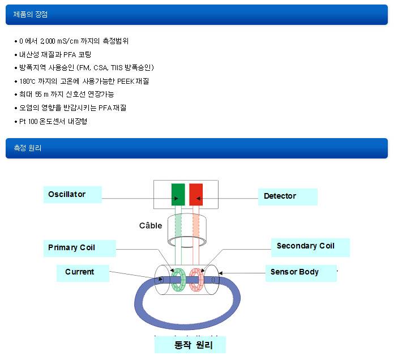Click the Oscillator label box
point(72,195)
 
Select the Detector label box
point(287,196)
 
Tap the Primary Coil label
point(79,248)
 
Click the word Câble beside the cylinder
point(151,225)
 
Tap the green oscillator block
point(178,194)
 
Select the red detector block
point(196,194)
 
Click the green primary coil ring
point(179,278)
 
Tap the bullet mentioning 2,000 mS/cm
point(74,41)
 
